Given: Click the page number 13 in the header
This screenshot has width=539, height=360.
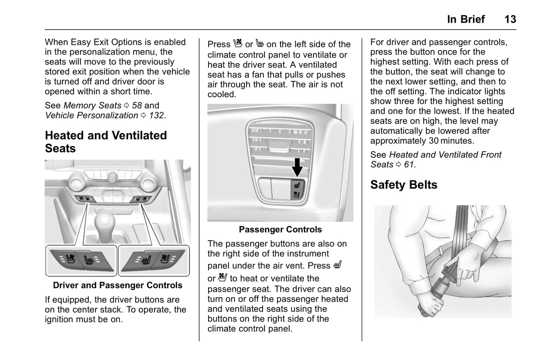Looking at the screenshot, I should (x=510, y=19).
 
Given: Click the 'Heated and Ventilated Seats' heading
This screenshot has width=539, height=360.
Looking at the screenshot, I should (x=106, y=142).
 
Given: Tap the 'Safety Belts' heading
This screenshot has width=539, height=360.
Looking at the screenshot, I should (x=404, y=185).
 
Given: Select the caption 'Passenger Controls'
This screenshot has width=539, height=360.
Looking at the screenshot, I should (x=280, y=229).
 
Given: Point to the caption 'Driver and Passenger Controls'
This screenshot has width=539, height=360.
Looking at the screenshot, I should (x=117, y=285).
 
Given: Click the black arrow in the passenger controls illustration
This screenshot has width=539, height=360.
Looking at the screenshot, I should (x=297, y=167).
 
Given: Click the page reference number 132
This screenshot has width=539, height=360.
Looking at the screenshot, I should (x=157, y=115).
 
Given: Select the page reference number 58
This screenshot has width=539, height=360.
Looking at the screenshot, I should (x=137, y=106).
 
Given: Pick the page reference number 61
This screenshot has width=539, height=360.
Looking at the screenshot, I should (x=409, y=165).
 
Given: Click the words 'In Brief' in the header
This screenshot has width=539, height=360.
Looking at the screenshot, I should (x=466, y=19).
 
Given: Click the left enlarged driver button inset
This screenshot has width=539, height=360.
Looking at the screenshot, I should (x=81, y=260).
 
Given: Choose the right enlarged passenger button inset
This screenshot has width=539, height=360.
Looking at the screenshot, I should (x=154, y=260).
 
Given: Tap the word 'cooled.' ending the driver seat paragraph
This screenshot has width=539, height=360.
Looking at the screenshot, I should (x=222, y=94).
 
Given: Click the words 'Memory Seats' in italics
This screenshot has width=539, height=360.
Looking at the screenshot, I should (x=92, y=106).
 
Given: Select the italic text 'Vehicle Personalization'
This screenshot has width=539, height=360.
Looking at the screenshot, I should (x=91, y=115).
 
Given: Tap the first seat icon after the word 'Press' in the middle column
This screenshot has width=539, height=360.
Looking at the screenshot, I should (x=238, y=44).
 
